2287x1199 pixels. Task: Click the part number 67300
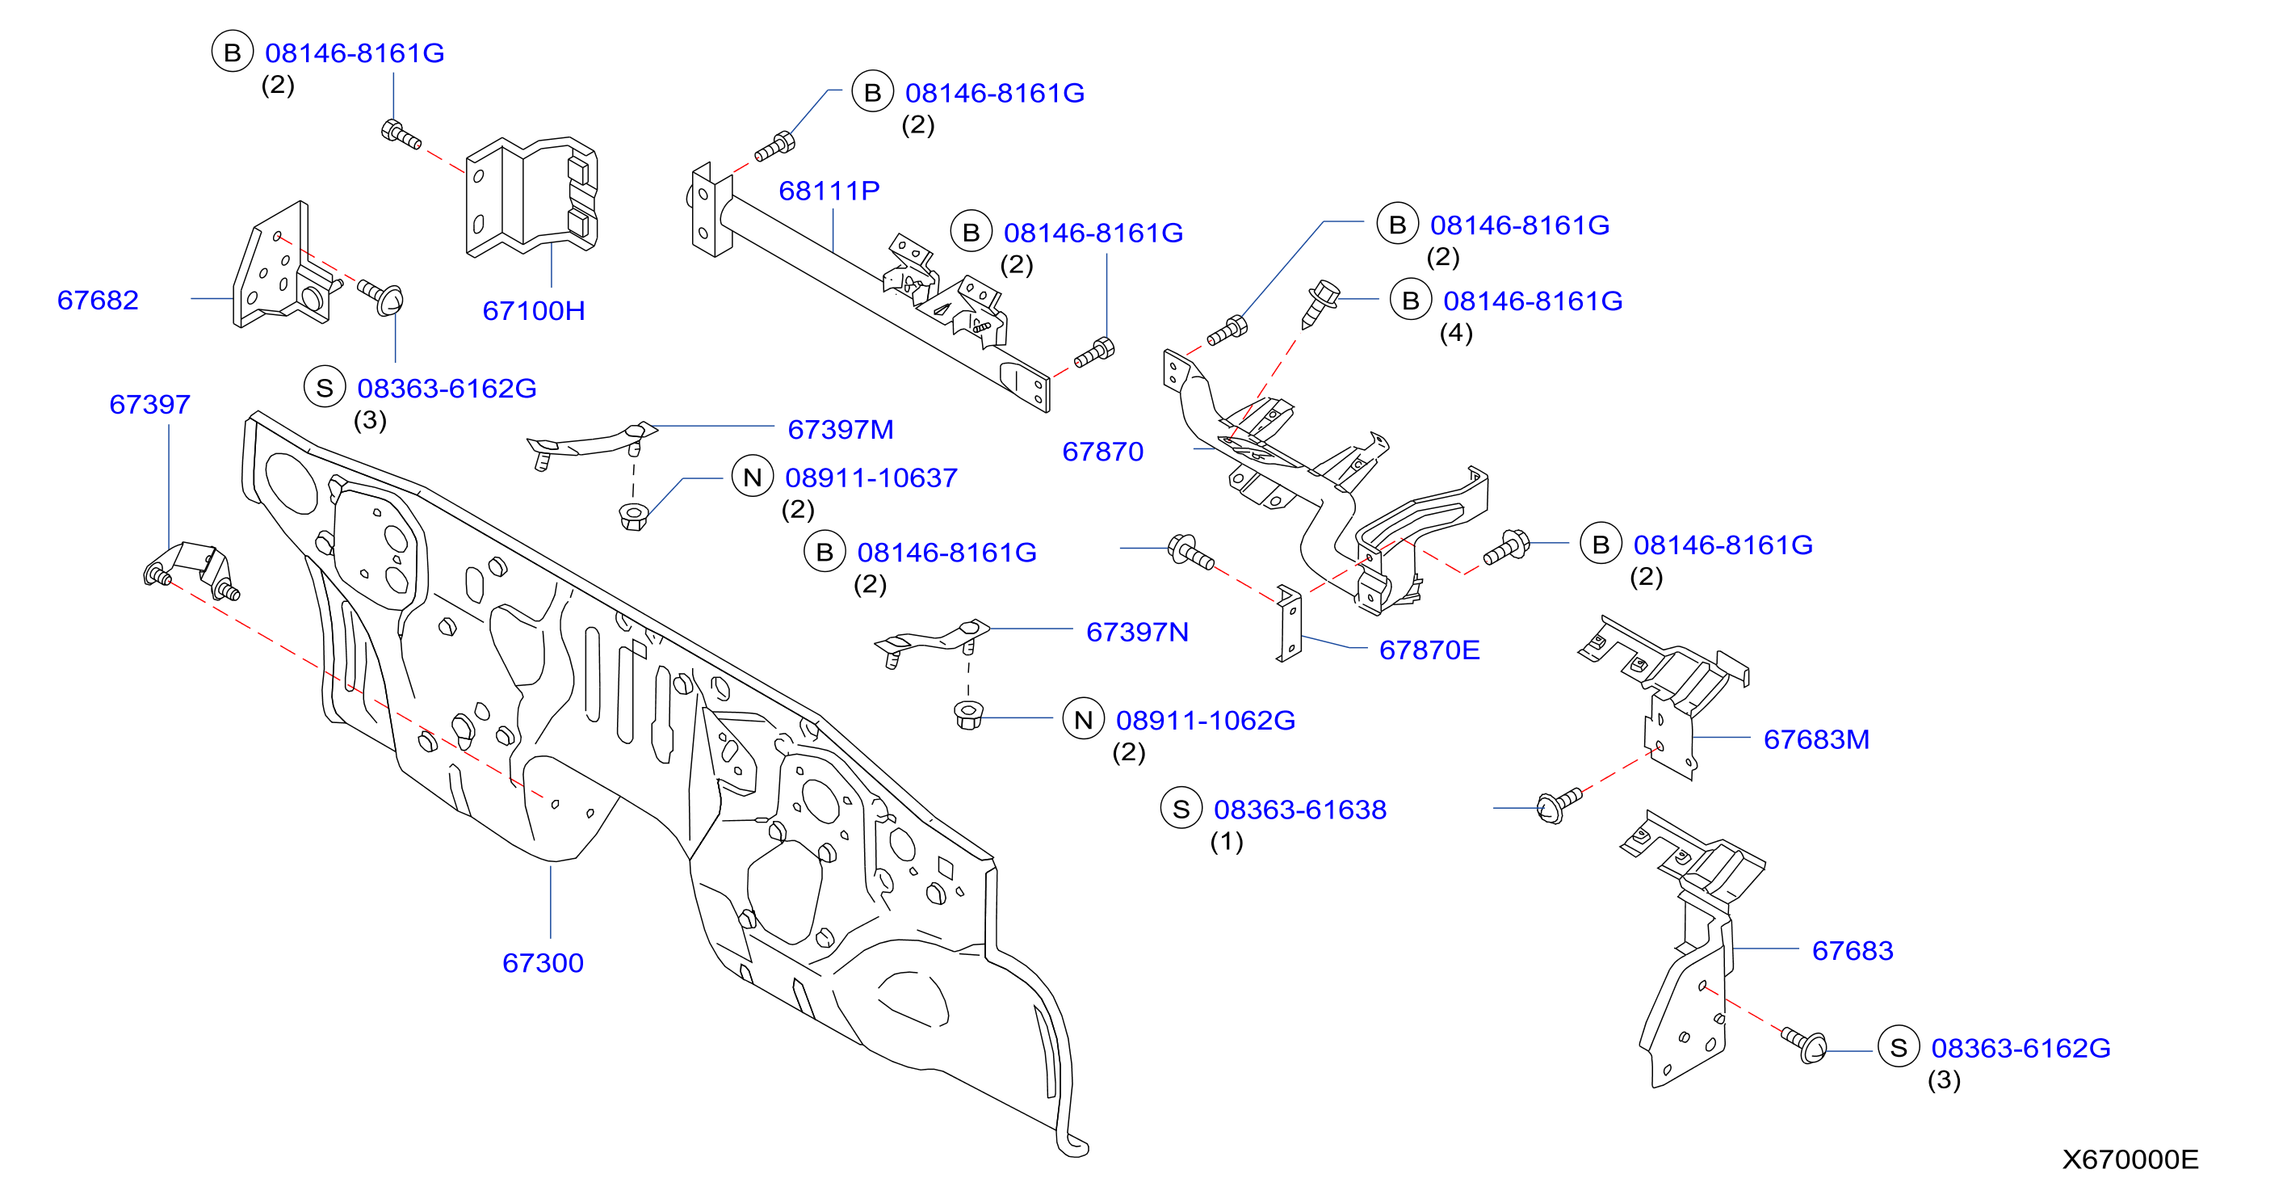tap(543, 963)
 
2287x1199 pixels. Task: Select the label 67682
tap(98, 301)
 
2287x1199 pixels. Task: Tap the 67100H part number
tap(534, 311)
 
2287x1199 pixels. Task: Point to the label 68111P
tap(829, 191)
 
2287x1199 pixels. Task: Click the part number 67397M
tap(841, 430)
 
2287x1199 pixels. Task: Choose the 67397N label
tap(1137, 633)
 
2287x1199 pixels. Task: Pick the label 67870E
tap(1429, 650)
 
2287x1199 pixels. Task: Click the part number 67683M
tap(1816, 740)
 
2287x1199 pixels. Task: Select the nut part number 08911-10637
tap(871, 477)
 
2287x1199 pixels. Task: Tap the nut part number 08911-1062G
tap(1206, 720)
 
